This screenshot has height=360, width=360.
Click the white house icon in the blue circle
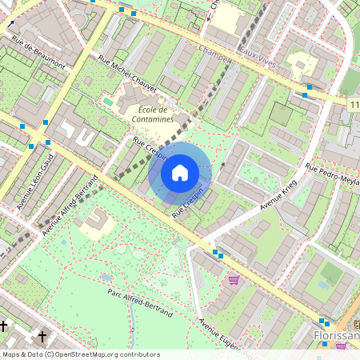(x=180, y=172)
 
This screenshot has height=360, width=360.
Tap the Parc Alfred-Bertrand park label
(x=140, y=303)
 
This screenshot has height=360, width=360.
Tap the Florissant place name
(x=336, y=335)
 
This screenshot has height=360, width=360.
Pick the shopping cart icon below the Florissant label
(x=341, y=346)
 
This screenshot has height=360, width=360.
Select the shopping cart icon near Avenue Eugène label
(x=234, y=280)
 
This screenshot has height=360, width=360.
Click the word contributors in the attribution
(x=136, y=354)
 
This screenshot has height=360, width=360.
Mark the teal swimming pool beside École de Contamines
(x=108, y=102)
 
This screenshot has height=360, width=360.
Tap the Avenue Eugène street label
(x=220, y=336)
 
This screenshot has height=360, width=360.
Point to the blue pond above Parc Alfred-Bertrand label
(x=106, y=278)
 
